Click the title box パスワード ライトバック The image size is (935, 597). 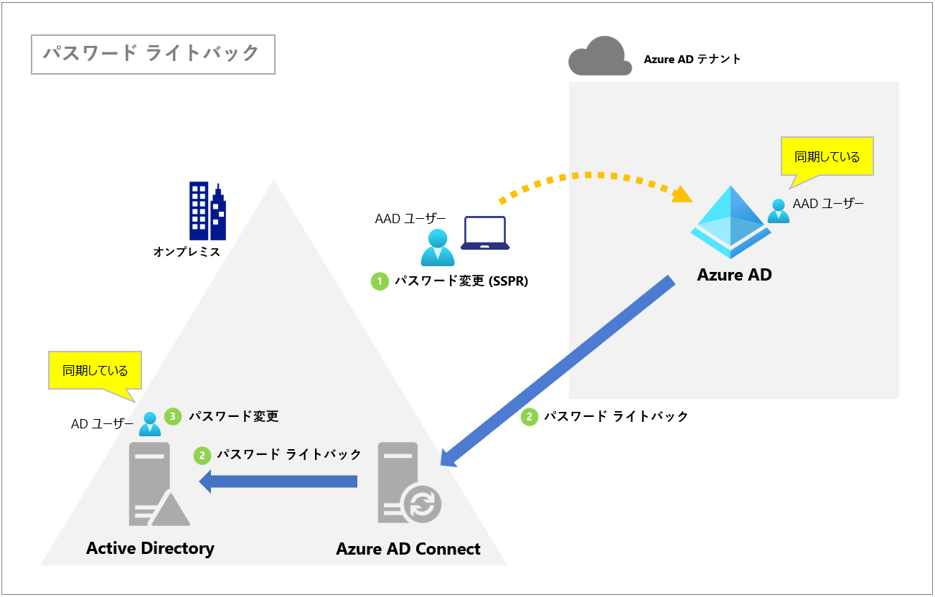[153, 54]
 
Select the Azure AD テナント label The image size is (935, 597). [692, 60]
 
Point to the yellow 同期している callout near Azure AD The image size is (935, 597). [827, 156]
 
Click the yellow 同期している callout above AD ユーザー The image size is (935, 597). [95, 370]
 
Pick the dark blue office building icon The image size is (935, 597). [207, 210]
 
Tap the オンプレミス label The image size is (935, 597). [187, 252]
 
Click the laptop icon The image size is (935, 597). [484, 233]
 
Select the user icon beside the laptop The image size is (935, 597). [437, 247]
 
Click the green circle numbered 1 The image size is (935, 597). [379, 281]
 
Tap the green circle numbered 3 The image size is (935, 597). [172, 416]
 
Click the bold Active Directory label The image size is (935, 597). [150, 548]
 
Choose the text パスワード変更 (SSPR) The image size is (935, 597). [461, 281]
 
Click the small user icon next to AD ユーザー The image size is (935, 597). [150, 424]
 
